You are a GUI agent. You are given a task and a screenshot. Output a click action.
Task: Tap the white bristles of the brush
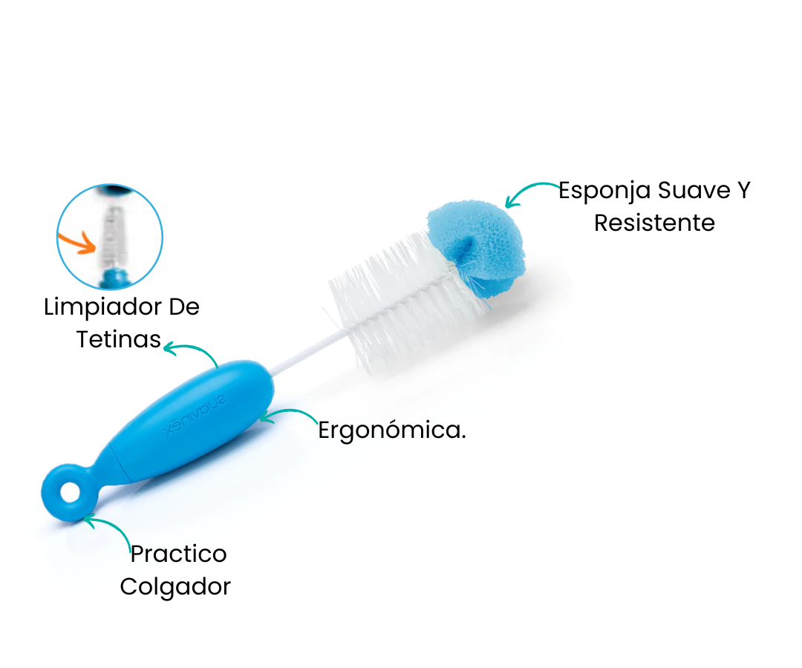pos(404,301)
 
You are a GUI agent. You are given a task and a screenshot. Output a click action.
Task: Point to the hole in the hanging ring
pos(70,494)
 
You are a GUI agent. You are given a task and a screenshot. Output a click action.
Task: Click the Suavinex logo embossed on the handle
pos(195,414)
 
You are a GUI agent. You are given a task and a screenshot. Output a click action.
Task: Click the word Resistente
pos(654,223)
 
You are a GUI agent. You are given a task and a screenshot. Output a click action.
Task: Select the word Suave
pos(694,190)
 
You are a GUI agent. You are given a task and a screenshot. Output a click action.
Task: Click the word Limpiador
pos(102,308)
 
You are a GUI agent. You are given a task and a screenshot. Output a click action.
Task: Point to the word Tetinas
pos(119,339)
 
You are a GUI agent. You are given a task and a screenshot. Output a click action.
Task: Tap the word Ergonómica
pos(392,430)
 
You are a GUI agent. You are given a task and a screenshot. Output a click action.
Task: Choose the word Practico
pos(178,554)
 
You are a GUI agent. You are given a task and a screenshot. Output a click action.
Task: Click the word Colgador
pos(175,587)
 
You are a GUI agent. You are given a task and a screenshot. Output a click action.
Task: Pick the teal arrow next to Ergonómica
pos(289,412)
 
